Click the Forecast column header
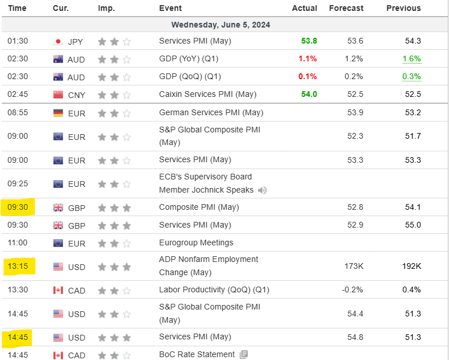346,8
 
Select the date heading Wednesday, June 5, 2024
221,25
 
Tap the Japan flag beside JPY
58,41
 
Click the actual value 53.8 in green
309,41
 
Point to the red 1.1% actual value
307,58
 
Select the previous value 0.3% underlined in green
412,77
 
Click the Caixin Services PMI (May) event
208,94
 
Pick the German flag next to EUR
58,113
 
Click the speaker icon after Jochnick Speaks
262,190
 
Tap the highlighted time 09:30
18,207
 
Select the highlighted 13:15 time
18,266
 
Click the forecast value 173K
354,266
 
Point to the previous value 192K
412,266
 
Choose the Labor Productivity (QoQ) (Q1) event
214,290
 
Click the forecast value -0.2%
352,289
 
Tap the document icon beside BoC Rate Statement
244,355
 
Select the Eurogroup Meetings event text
196,242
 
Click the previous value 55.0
413,225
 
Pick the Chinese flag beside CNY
58,95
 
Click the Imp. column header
106,8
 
